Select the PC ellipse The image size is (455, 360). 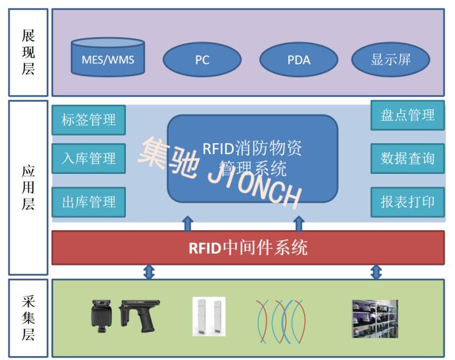(x=202, y=60)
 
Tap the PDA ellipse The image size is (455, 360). (x=298, y=60)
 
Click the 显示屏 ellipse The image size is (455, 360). (x=390, y=60)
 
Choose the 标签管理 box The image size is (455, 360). (x=89, y=120)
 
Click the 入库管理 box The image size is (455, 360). (x=89, y=158)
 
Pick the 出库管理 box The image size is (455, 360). (x=89, y=203)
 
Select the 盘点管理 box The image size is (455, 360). (x=407, y=115)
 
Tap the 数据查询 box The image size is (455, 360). (x=407, y=158)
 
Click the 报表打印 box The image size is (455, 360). (x=407, y=202)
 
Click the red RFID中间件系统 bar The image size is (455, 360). (x=248, y=247)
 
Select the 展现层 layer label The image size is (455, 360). (x=28, y=52)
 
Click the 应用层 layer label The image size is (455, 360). (x=28, y=187)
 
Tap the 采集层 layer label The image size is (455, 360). (x=28, y=318)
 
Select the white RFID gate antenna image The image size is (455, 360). (x=209, y=317)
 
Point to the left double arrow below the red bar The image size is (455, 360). (x=149, y=272)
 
